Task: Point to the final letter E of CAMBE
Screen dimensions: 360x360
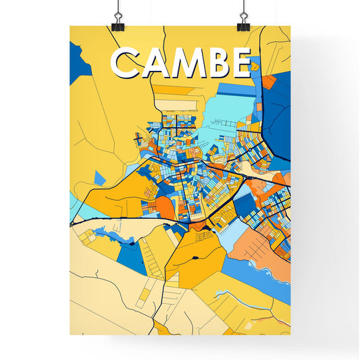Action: pos(240,63)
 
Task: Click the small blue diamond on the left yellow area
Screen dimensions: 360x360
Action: pos(99,178)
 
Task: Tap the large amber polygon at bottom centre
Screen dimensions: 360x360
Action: pos(196,257)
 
